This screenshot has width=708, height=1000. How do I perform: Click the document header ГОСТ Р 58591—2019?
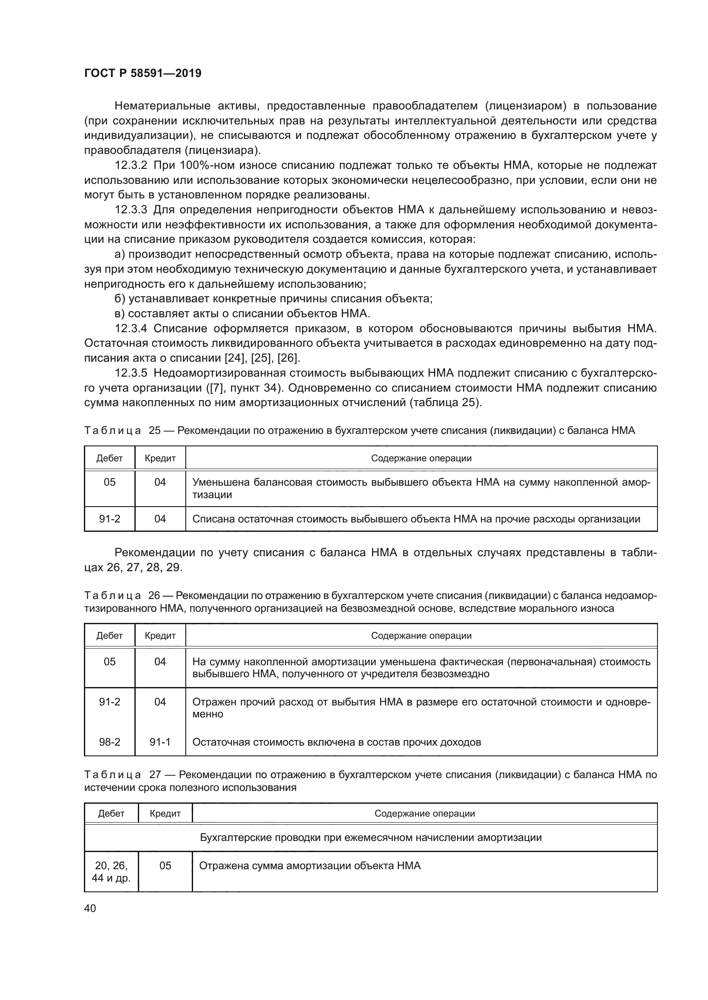point(143,73)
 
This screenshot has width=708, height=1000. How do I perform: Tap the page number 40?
point(90,908)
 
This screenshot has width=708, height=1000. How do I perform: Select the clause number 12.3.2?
point(131,165)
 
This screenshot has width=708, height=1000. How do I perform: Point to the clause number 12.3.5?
point(131,373)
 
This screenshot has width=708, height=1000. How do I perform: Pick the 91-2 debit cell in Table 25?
point(110,519)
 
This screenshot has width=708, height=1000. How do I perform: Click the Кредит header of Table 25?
point(160,458)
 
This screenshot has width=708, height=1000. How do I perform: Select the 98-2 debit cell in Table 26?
point(110,742)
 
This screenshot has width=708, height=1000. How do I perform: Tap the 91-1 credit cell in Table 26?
point(160,742)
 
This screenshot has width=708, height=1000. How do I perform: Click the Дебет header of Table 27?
point(111,813)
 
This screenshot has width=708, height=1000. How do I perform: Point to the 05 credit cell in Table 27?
point(165,865)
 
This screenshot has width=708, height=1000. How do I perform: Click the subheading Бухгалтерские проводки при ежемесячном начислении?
point(371,838)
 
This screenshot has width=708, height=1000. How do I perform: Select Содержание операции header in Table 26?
point(421,635)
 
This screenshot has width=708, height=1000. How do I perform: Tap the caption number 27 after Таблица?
point(155,774)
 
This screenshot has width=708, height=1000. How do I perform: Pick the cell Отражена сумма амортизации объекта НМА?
point(309,865)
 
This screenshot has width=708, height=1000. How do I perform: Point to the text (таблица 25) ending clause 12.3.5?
point(446,402)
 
